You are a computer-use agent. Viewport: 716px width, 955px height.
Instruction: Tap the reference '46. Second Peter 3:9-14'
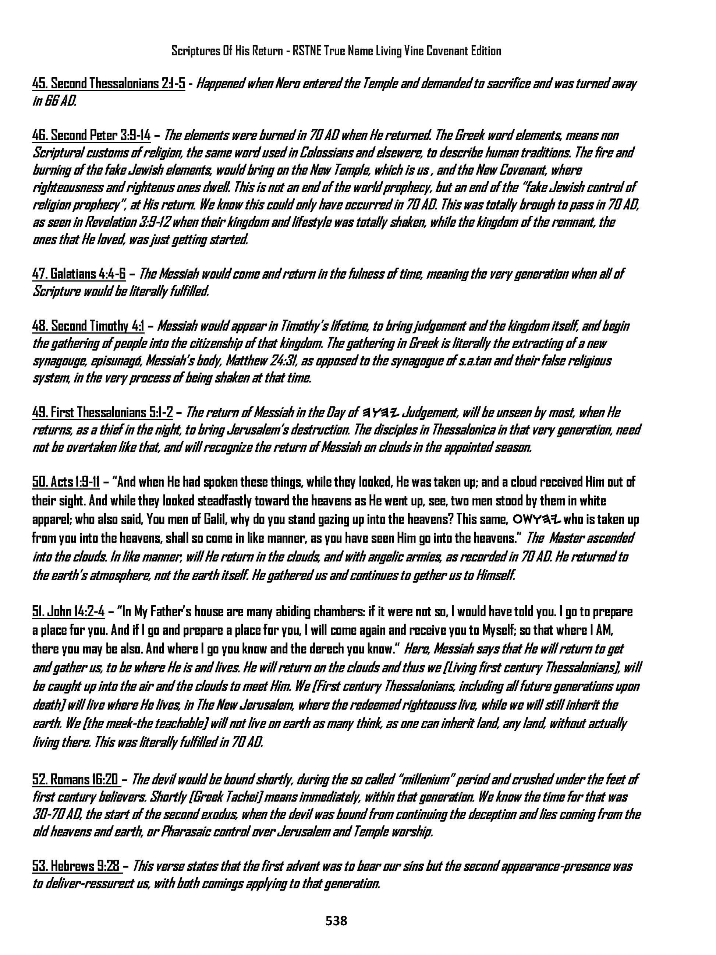coord(92,135)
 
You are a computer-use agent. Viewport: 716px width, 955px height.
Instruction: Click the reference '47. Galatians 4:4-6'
coord(79,274)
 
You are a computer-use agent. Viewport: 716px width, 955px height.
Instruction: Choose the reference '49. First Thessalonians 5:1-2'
coord(102,413)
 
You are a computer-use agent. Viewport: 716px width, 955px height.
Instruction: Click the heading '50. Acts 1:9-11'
coord(65,482)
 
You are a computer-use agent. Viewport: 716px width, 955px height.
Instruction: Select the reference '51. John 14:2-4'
coord(68,612)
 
